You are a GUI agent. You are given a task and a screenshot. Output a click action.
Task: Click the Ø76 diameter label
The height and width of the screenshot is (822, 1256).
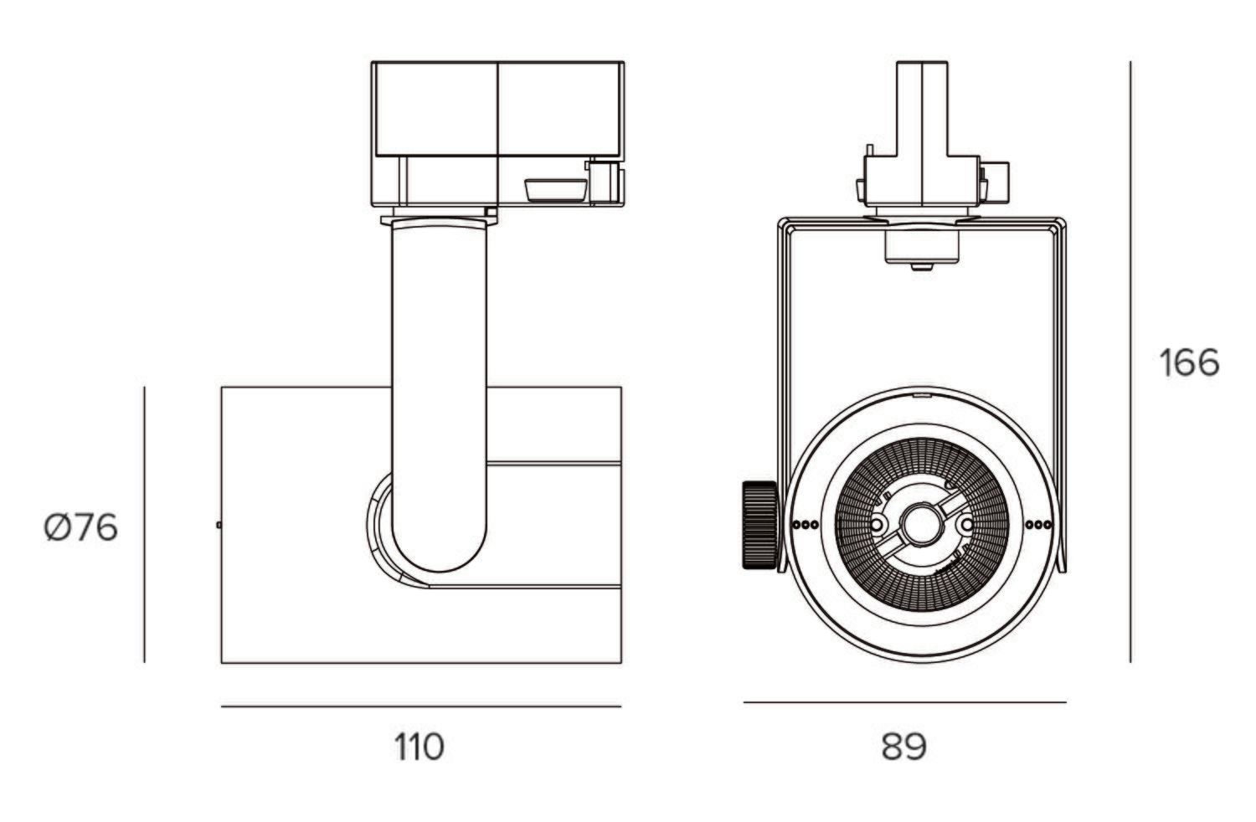(81, 528)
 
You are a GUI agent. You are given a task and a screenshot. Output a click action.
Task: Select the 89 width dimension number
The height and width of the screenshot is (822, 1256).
(903, 746)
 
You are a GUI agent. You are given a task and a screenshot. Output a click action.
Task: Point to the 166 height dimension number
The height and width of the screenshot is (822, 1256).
(1189, 363)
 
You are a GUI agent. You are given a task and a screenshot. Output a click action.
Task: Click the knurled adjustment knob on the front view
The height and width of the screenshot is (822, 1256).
(759, 525)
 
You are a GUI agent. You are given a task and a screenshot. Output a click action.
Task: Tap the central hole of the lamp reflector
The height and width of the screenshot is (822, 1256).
(920, 525)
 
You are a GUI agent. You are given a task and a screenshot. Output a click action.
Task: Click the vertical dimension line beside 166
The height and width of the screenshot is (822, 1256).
(1130, 360)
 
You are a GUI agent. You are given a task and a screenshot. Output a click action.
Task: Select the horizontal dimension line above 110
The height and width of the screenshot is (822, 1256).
(420, 706)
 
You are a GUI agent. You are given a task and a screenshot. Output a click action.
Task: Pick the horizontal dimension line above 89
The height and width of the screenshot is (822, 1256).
(904, 702)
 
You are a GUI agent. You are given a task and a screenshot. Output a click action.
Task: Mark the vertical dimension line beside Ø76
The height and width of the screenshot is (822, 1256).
(145, 525)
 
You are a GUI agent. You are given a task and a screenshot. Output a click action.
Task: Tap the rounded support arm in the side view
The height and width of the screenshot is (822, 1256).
(439, 377)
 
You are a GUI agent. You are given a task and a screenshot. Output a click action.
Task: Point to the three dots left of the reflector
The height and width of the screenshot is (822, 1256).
(805, 526)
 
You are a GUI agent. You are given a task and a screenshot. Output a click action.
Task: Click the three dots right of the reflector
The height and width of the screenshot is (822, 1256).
(1038, 526)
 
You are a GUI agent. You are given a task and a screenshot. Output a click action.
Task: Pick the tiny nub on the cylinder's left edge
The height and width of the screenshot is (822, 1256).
(219, 525)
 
